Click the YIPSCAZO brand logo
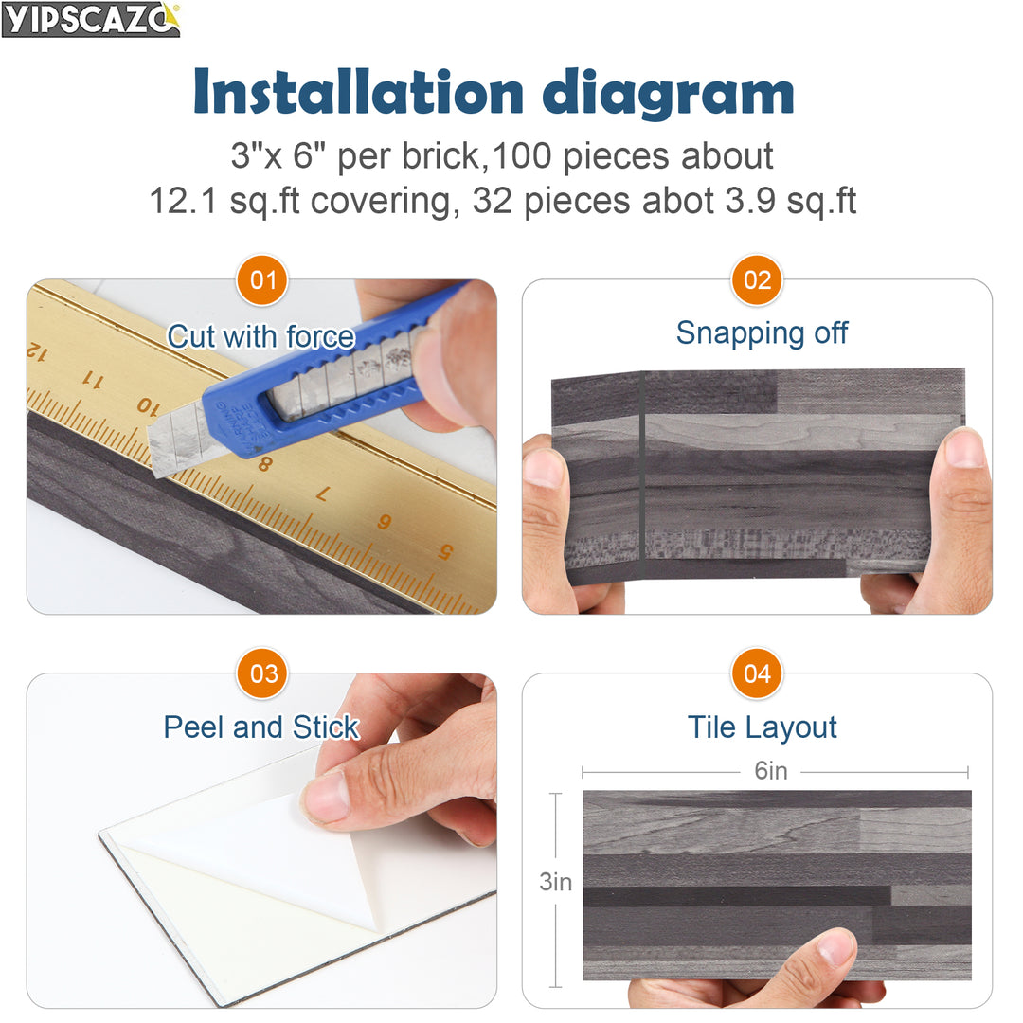pos(90,19)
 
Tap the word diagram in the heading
pos(668,93)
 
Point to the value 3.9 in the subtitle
pos(733,201)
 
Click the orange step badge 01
pos(262,280)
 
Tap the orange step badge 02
pos(757,280)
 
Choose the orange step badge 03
pos(262,673)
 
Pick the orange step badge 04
pos(757,673)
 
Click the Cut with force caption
pos(260,336)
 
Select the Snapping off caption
pos(762,333)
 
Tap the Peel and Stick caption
pos(260,727)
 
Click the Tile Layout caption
pos(762,727)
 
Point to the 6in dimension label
pos(770,771)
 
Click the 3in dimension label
pos(556,882)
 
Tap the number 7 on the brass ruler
pos(322,494)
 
